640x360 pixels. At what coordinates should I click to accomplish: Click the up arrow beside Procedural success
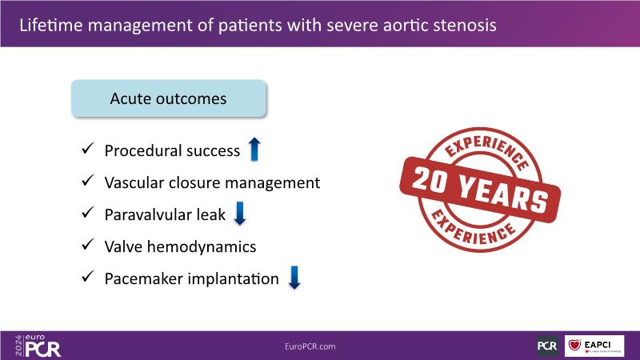tap(254, 149)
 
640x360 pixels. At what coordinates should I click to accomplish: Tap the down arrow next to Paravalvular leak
tap(239, 213)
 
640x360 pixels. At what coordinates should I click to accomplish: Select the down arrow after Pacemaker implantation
tap(294, 278)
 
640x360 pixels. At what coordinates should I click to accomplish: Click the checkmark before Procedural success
tap(88, 149)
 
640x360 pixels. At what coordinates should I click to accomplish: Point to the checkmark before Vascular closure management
tap(88, 181)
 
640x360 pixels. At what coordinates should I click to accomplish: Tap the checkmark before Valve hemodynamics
tap(88, 245)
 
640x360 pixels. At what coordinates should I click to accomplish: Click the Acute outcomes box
tap(169, 98)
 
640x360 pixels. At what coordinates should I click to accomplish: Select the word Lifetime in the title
tap(50, 26)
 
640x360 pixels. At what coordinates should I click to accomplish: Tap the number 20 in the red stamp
tap(430, 181)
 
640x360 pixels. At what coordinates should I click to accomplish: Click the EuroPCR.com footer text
tap(310, 346)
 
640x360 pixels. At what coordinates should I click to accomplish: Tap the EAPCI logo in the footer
tap(594, 346)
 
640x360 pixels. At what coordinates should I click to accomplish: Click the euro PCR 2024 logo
tap(38, 346)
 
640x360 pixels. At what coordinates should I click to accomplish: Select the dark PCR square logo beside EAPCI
tap(547, 346)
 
